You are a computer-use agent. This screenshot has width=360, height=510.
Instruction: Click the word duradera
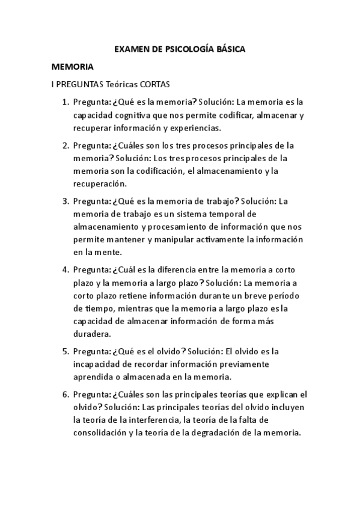click(91, 334)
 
